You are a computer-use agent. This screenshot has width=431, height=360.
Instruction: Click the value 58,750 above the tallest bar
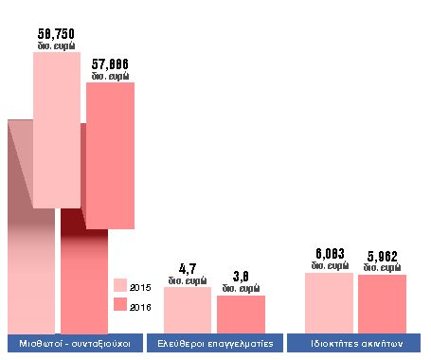[57, 33]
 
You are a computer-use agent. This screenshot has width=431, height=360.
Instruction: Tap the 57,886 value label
[110, 64]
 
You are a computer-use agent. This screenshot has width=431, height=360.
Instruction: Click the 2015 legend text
[140, 286]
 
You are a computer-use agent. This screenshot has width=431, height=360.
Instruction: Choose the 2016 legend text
[140, 306]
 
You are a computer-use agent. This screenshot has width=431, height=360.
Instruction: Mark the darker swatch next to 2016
[119, 305]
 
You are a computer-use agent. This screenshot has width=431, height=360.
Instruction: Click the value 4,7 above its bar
[187, 269]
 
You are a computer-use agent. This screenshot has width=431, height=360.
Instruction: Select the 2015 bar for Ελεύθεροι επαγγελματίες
[188, 309]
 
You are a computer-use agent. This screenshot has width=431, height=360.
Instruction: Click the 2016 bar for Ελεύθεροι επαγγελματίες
[241, 313]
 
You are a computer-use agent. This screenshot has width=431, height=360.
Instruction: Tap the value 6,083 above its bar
[329, 254]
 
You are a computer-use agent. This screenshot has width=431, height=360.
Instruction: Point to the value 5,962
[383, 256]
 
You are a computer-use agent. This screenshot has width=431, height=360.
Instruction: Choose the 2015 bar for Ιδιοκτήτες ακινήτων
[329, 301]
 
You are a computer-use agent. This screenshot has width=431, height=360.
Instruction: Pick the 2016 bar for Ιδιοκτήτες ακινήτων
[383, 302]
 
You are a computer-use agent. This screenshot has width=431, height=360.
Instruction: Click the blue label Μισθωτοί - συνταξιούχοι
[75, 343]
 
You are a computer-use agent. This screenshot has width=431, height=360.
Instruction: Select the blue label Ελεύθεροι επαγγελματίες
[215, 343]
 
